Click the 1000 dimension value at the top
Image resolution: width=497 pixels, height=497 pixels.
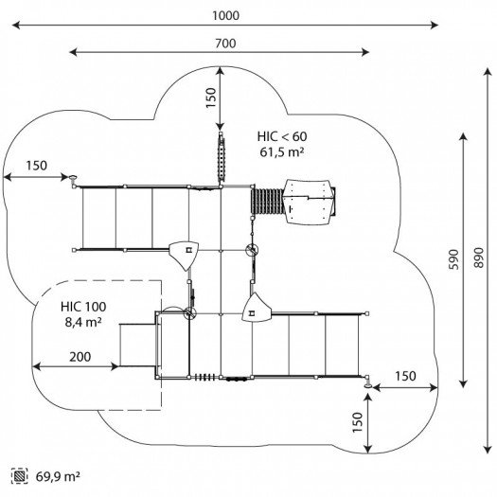coord(225,15)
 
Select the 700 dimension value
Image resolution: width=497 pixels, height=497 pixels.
coord(225,44)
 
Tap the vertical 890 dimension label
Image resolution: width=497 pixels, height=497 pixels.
coord(479,257)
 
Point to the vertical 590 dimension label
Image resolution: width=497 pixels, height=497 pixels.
coord(453,259)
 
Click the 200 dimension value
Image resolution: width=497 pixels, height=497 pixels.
coord(80,357)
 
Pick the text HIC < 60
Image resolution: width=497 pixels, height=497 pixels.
coord(282,136)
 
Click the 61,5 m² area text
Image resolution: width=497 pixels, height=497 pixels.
coord(282,152)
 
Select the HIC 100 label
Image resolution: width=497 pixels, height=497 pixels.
coord(83,307)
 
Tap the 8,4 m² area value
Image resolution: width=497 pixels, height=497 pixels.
coord(83,322)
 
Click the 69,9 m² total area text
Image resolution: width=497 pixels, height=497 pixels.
coord(58,476)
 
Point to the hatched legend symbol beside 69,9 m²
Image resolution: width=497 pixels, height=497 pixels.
coord(19,476)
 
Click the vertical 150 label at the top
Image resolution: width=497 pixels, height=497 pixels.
coord(211,98)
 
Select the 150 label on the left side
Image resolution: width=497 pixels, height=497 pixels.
coord(37,166)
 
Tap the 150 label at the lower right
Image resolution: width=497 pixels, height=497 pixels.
coord(405,376)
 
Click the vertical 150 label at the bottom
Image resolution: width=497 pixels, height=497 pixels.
coord(357,422)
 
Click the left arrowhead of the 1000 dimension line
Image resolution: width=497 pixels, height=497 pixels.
coord(16,25)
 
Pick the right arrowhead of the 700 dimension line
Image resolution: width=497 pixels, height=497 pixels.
coord(365,52)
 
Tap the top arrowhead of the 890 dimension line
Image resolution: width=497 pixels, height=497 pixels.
coord(488,72)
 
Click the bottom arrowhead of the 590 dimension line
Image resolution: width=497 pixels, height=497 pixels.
coord(463,383)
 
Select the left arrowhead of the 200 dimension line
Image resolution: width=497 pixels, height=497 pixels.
coord(36,366)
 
